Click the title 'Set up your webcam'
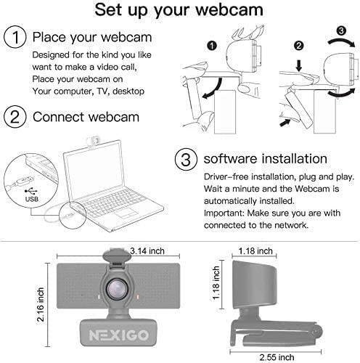180,11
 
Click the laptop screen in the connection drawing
93,165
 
